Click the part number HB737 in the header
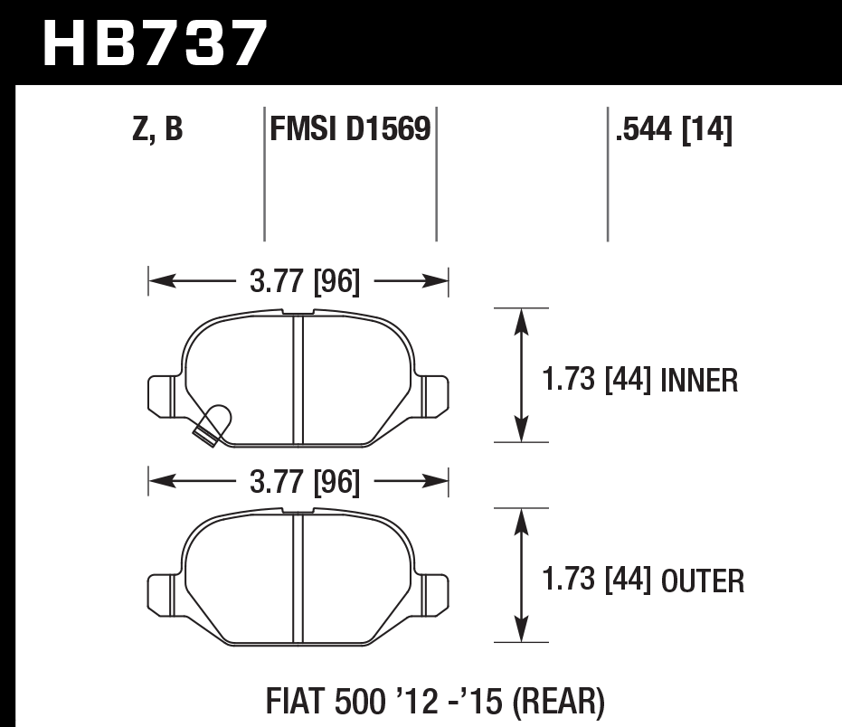(155, 44)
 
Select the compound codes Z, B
(156, 131)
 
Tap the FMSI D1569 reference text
(349, 131)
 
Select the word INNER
(699, 381)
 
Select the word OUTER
(703, 580)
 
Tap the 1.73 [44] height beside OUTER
(598, 580)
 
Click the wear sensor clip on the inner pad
(213, 424)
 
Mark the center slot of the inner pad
(298, 380)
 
